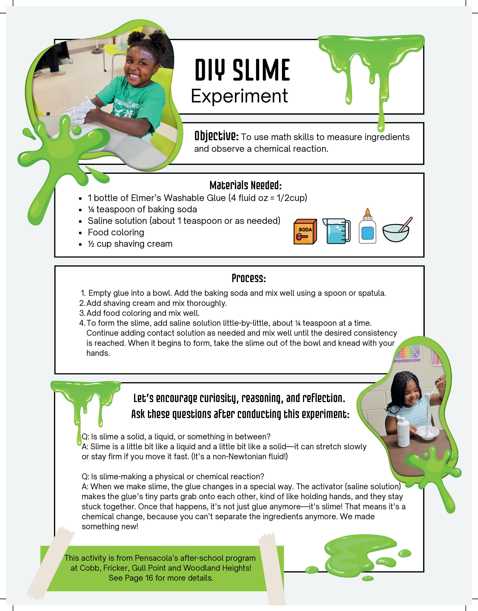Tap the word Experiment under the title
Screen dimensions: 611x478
239,96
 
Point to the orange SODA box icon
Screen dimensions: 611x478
305,231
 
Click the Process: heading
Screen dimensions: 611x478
249,278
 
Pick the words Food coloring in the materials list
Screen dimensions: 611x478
116,232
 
